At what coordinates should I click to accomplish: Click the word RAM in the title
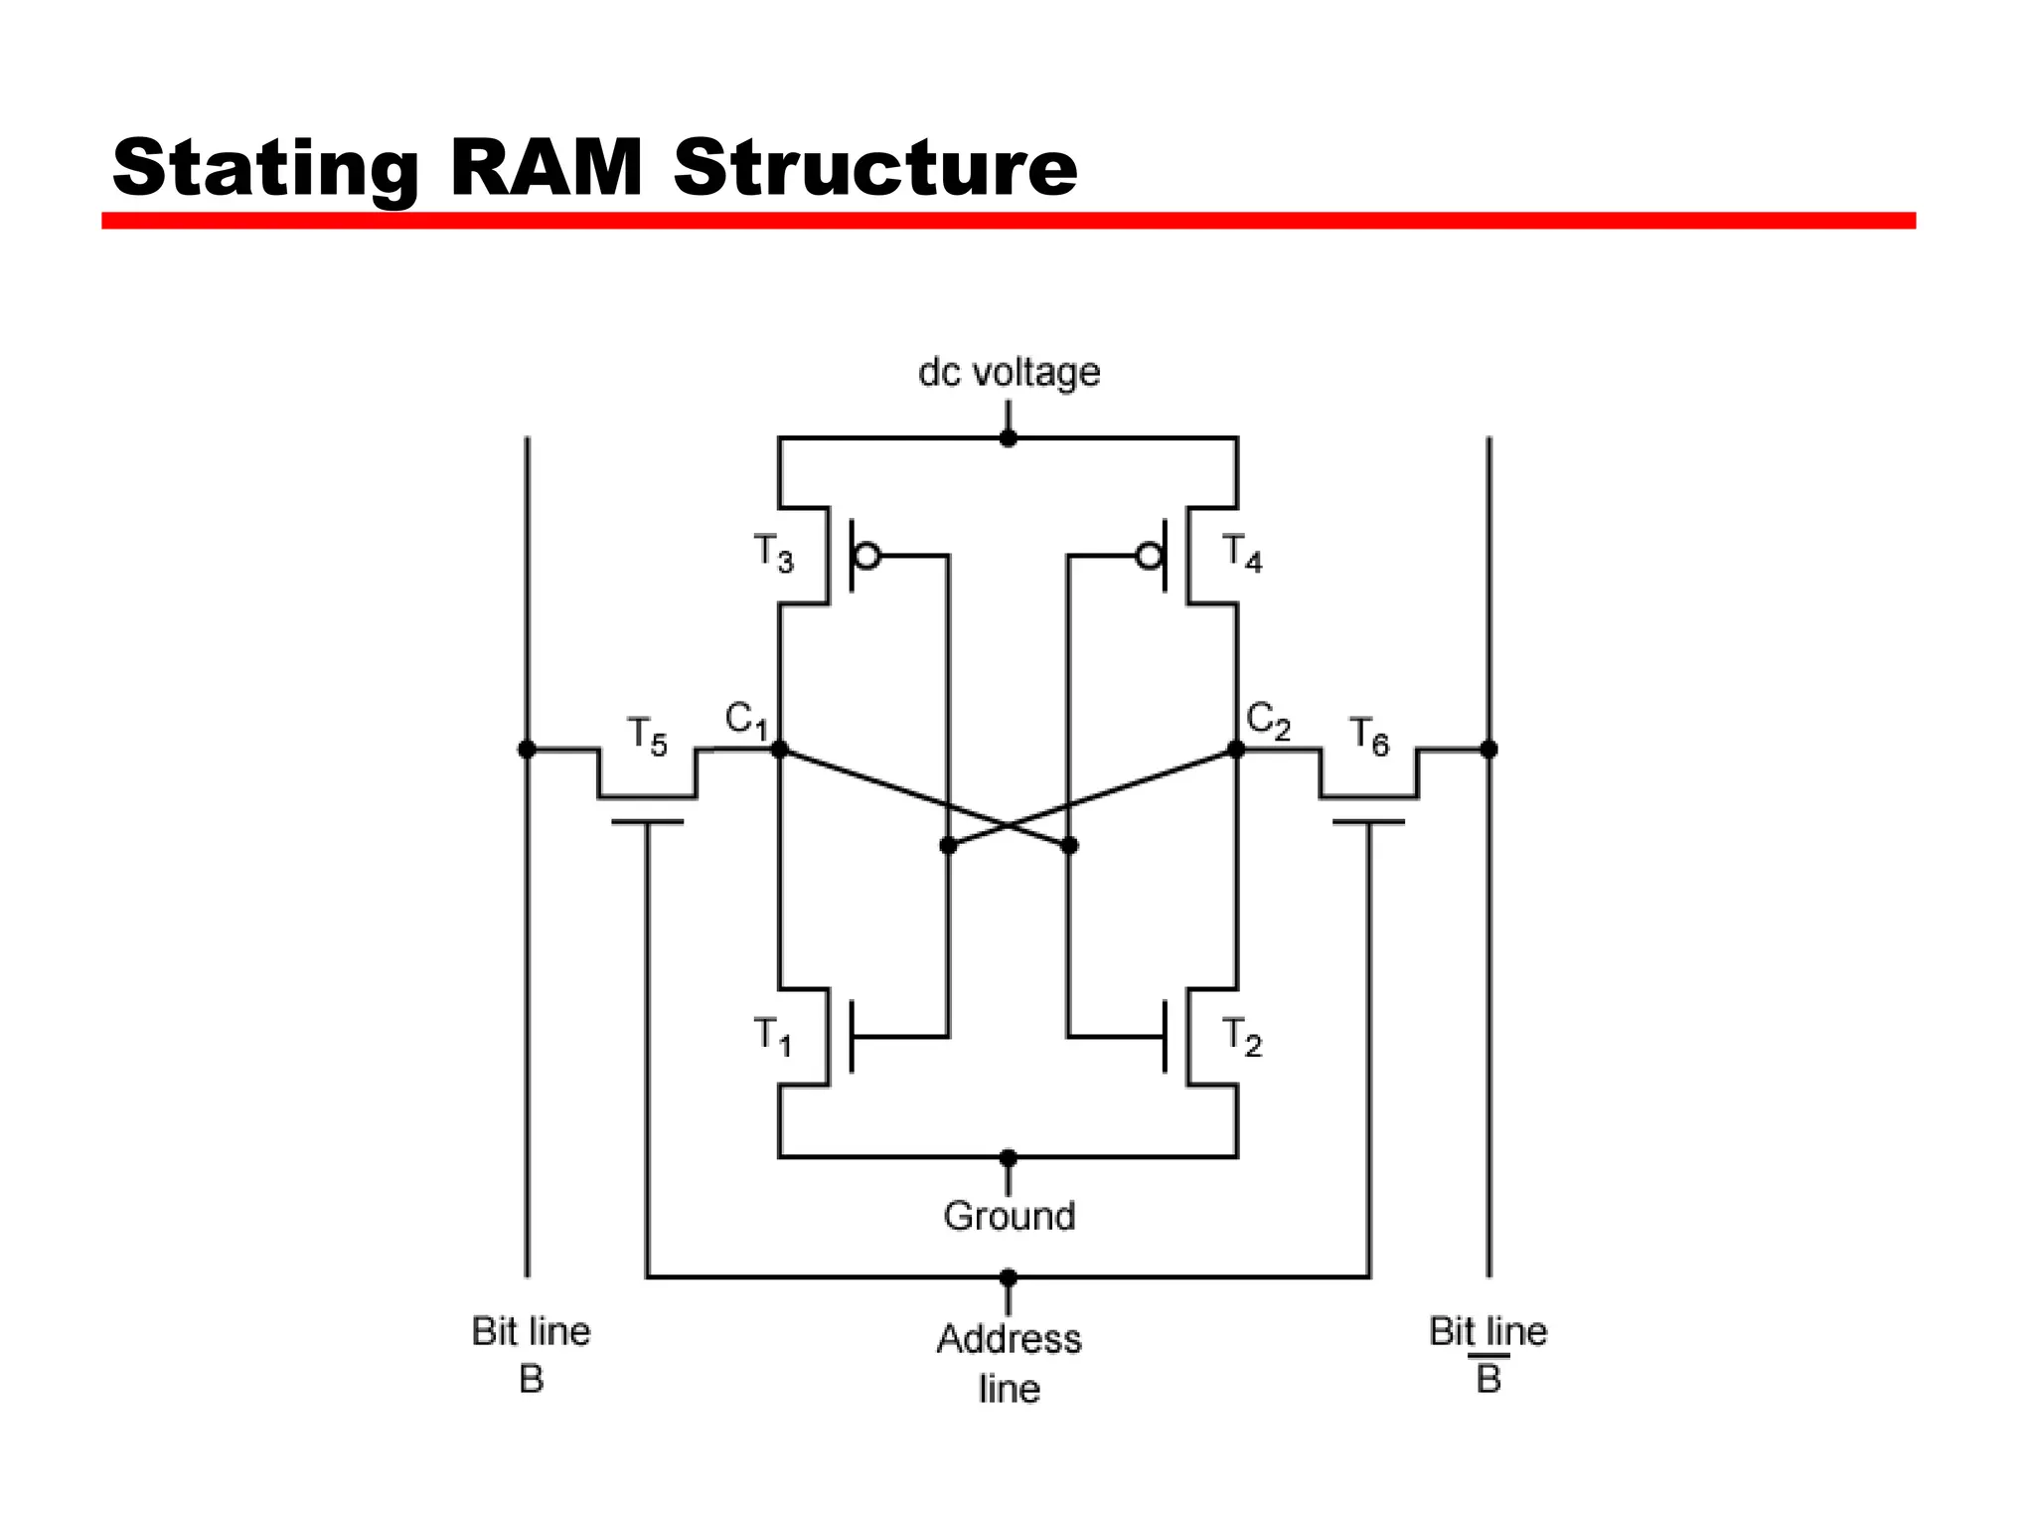coord(547,167)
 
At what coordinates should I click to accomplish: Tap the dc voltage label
coord(1009,373)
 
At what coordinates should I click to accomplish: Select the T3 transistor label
coord(774,553)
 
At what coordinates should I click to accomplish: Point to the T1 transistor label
coord(773,1036)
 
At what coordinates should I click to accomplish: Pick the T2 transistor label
coord(1241,1036)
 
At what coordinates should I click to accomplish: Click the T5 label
coord(647,737)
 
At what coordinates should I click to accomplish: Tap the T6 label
coord(1368,737)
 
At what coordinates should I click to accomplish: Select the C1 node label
coord(746,720)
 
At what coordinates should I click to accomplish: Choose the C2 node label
coord(1268,720)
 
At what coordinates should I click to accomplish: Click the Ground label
coord(1009,1216)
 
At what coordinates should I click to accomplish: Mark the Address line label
coord(1009,1362)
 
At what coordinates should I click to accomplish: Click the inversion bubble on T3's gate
coord(867,556)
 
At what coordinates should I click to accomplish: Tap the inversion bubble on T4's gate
coord(1150,556)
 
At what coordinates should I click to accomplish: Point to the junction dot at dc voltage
coord(1009,437)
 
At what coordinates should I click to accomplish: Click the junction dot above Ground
coord(1009,1158)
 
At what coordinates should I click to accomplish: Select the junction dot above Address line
coord(1009,1277)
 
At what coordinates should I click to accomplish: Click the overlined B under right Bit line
coord(1487,1378)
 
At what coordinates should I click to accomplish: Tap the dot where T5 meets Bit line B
coord(527,750)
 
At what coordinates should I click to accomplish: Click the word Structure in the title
coord(874,167)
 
